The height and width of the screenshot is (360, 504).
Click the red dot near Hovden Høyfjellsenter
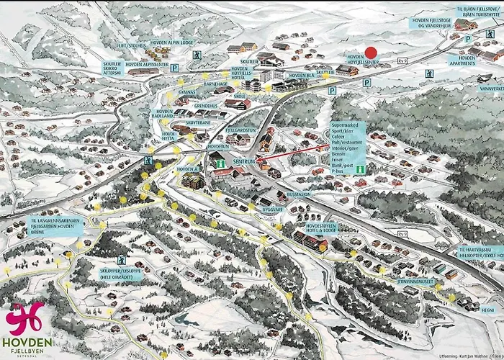pos(371,53)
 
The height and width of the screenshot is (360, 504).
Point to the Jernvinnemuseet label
pos(417,282)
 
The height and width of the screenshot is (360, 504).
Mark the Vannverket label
pos(487,89)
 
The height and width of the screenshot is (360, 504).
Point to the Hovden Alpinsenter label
pos(148,64)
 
